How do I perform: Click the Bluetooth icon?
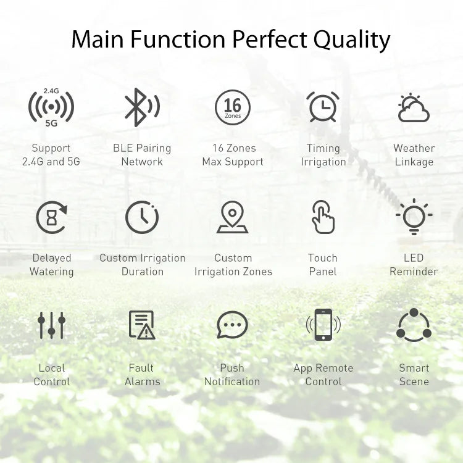point(141,107)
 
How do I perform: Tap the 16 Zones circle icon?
point(233,107)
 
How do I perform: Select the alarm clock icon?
point(323,107)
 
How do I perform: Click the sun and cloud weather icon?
point(413,108)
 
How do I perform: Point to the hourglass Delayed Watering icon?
point(51,217)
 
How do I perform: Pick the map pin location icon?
point(233,217)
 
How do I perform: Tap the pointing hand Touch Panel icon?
point(323,217)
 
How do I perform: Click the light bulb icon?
point(414,217)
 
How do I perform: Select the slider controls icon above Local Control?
point(51,325)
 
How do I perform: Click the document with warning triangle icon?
point(142,325)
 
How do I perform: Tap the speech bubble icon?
point(232,325)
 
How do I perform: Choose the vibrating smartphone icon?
point(323,325)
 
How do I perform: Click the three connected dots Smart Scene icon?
point(414,325)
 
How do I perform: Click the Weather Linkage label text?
point(414,155)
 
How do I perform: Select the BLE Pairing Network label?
point(142,155)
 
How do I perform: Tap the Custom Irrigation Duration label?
point(142,265)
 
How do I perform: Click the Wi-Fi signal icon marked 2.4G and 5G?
point(51,107)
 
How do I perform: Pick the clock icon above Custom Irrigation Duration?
point(142,217)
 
